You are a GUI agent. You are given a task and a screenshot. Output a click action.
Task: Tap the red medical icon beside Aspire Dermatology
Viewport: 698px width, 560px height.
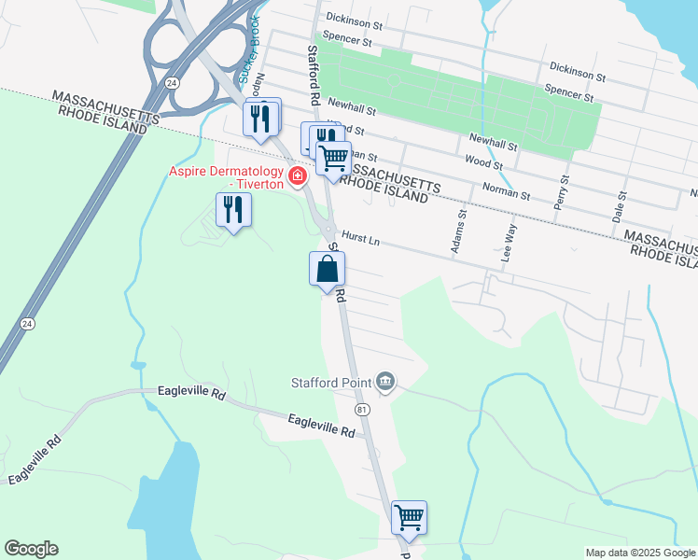[298, 175]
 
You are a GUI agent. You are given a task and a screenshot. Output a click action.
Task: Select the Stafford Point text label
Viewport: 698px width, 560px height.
[328, 381]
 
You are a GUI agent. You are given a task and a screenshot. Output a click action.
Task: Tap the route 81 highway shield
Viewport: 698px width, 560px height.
[362, 410]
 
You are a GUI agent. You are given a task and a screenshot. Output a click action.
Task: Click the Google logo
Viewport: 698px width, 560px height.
[31, 549]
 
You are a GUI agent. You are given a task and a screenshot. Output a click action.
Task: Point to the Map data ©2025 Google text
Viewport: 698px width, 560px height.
[639, 553]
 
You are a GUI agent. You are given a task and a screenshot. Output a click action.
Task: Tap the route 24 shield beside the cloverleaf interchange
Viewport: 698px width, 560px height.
[172, 82]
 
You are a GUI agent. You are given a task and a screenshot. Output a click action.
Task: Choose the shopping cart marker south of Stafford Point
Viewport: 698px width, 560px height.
[409, 516]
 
